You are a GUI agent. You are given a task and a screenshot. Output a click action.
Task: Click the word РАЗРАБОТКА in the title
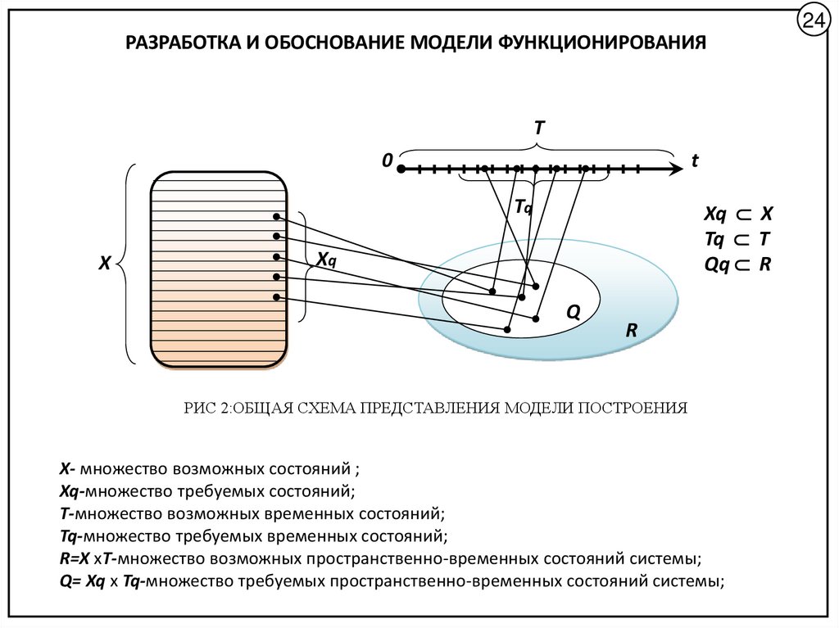179,43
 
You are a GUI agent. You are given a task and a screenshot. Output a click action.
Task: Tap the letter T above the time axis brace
540,129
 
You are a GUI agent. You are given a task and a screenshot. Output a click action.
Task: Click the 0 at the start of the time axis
387,160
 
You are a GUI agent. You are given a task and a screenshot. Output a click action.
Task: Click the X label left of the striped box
105,264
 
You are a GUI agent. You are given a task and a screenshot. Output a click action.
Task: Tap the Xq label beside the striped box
326,260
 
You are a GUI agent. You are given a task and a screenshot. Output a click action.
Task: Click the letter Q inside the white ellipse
573,312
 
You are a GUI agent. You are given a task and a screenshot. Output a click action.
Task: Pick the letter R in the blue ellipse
631,331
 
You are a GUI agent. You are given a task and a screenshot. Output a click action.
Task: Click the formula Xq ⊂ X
739,215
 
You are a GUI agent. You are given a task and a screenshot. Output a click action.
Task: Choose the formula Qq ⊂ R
738,264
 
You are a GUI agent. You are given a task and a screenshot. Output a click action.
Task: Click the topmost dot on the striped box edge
278,217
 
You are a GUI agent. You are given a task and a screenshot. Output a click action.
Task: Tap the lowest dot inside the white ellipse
507,329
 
